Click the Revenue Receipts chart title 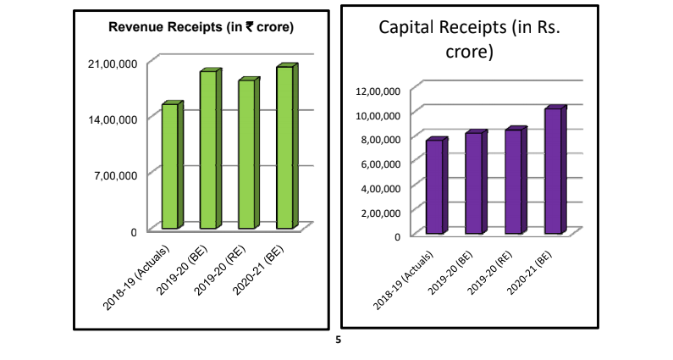(201, 27)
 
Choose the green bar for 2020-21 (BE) (284, 147)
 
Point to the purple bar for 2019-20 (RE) (513, 181)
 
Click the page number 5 (338, 341)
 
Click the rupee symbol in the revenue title (250, 27)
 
